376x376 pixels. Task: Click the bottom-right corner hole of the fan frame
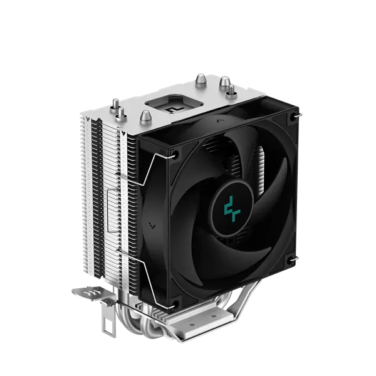[291, 258]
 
